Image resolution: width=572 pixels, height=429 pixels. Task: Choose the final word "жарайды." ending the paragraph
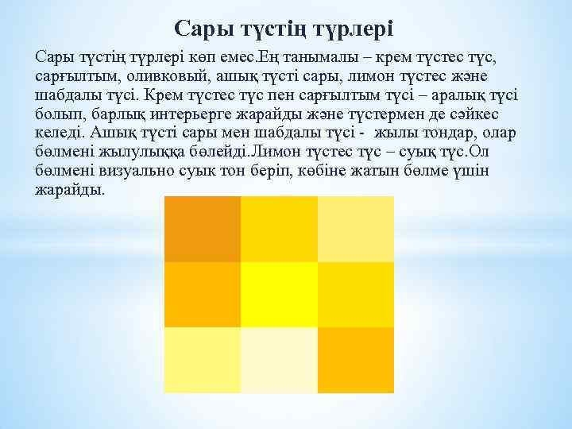coord(70,191)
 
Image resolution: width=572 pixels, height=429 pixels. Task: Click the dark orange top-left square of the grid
coord(202,229)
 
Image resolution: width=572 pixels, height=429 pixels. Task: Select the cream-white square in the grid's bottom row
coord(279,360)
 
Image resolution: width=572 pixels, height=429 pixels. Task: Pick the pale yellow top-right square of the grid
coord(355,229)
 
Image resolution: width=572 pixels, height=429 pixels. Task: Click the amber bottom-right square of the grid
coord(355,360)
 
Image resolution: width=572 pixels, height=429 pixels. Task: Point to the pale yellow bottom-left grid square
coord(202,360)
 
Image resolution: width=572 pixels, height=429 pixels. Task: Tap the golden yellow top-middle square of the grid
coord(279,229)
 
